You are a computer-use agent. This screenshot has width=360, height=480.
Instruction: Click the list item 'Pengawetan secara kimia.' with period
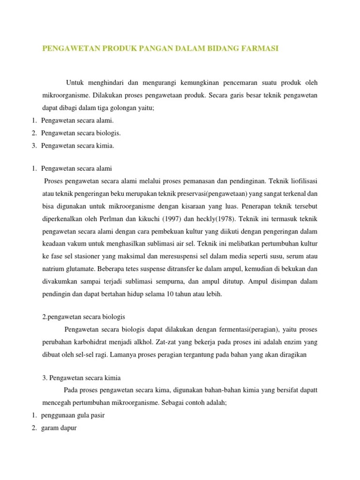pos(77,145)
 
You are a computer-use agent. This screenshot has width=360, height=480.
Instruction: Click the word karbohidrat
pos(91,342)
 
